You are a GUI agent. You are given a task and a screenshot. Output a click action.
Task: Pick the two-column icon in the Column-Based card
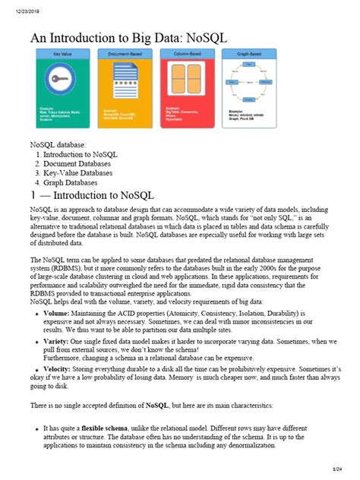point(185,84)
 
